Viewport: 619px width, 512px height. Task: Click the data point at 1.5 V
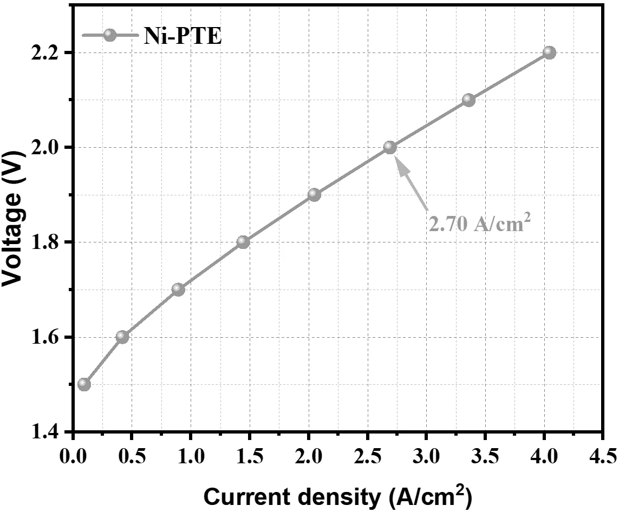click(x=84, y=384)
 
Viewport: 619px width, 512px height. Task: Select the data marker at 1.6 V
click(x=122, y=337)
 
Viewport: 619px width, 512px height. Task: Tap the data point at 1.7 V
click(x=178, y=290)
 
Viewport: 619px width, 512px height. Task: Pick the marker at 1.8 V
click(x=243, y=242)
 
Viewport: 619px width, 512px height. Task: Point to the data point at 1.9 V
click(x=314, y=194)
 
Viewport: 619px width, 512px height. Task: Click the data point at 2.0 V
click(x=390, y=147)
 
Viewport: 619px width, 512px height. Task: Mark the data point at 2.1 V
click(x=469, y=100)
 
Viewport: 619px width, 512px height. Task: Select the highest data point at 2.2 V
click(x=549, y=52)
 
